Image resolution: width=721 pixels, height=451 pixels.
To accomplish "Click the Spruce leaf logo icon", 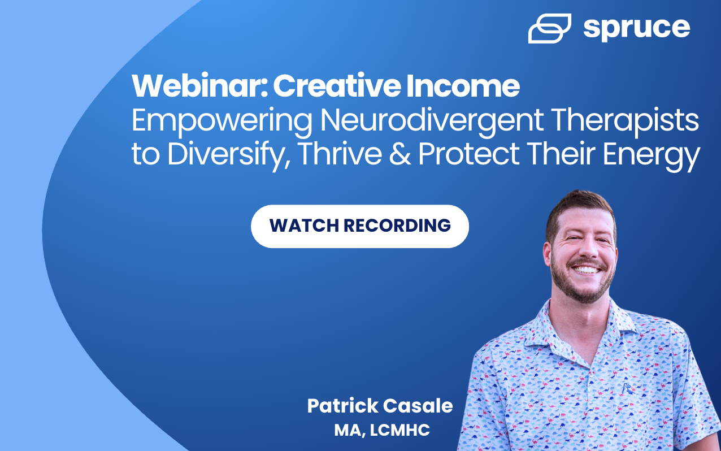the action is point(549,28).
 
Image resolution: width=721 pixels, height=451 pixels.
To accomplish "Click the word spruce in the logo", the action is point(637,29).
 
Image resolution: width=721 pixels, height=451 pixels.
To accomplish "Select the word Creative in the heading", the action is point(337,86).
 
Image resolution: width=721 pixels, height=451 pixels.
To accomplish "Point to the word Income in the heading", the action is point(463,86).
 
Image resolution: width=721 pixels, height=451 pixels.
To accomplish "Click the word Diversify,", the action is point(229,155).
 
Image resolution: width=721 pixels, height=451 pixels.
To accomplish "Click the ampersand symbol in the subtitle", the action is point(400,154).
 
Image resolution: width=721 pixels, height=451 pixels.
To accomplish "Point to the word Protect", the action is point(468,154).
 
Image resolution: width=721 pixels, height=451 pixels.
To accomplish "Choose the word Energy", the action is point(651,155).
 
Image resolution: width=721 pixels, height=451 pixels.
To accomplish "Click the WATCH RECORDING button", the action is point(360,226).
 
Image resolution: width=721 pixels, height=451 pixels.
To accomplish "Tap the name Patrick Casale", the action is point(380,406).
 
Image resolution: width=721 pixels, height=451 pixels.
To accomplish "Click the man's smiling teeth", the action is point(586,270).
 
